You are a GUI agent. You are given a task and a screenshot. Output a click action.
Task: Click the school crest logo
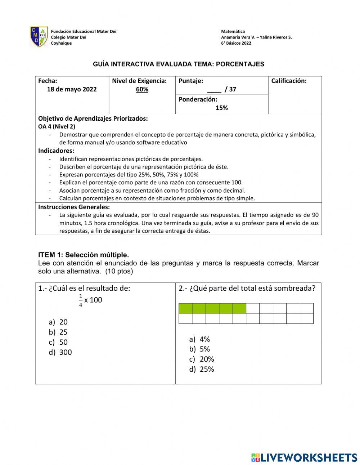tap(39, 37)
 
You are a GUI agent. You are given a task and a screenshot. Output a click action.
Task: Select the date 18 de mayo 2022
tap(72, 89)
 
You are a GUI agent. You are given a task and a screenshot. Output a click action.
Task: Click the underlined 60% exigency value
tap(142, 89)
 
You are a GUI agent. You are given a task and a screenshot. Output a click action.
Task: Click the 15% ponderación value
tap(221, 108)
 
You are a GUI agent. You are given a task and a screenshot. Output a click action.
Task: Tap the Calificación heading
tap(289, 81)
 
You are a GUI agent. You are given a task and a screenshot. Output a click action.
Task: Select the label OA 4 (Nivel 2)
tap(57, 126)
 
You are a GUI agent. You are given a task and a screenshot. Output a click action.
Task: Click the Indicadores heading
tap(56, 151)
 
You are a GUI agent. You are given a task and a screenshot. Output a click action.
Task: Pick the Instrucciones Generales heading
tap(74, 207)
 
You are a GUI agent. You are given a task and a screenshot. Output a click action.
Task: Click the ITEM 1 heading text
tap(83, 255)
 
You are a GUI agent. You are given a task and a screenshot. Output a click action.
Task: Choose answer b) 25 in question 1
tap(59, 332)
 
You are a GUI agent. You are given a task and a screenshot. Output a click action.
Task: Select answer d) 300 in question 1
tap(60, 352)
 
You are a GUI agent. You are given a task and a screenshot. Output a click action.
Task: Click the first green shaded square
tap(185, 308)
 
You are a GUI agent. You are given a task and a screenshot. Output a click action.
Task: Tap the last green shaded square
tap(239, 308)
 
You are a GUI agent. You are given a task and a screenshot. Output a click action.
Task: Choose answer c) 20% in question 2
tap(202, 359)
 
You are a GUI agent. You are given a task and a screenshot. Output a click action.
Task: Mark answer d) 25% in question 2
tap(202, 369)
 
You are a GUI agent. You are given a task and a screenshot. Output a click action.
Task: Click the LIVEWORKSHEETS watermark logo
tap(304, 457)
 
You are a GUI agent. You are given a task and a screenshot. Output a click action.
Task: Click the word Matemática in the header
tap(233, 32)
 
